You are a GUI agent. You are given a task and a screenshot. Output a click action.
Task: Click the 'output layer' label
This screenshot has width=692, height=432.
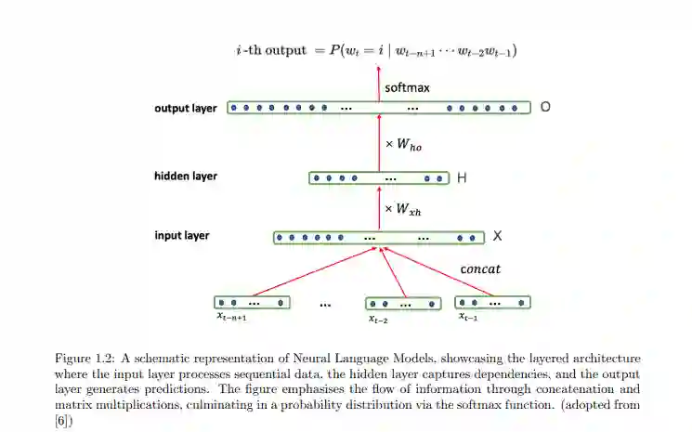click(x=186, y=108)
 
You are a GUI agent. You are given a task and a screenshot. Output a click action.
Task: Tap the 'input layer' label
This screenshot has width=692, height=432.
click(x=182, y=236)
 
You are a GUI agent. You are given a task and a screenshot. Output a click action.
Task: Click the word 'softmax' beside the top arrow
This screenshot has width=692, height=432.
click(x=407, y=88)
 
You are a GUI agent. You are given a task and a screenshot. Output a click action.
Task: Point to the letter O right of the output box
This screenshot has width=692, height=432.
click(x=545, y=107)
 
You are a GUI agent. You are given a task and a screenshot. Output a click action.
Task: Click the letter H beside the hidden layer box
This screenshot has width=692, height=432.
click(x=462, y=177)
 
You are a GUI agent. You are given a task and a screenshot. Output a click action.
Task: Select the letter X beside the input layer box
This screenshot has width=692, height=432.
click(x=497, y=236)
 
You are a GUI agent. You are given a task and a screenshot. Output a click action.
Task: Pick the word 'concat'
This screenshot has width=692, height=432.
click(x=481, y=269)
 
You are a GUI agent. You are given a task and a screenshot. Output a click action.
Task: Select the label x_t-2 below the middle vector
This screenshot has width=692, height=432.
click(x=378, y=319)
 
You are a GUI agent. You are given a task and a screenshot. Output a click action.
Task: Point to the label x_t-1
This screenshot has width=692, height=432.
click(x=468, y=317)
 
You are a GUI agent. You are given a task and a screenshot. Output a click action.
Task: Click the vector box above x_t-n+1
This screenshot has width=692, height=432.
click(x=252, y=302)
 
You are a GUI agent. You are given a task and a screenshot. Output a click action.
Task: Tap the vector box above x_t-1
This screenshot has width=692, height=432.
click(x=491, y=302)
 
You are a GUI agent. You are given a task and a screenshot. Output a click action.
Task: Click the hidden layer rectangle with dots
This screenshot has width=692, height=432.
click(x=378, y=177)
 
